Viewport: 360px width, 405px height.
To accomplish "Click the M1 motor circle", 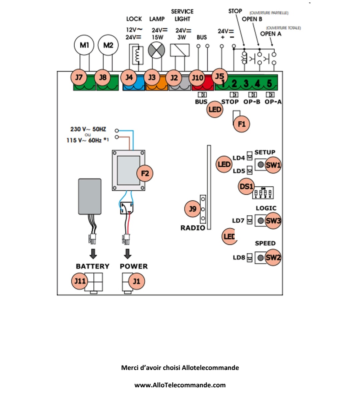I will pos(84,45).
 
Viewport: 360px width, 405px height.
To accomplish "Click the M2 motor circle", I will pos(108,45).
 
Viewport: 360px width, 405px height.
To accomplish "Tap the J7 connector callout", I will pos(79,77).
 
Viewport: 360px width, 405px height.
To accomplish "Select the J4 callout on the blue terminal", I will pos(129,77).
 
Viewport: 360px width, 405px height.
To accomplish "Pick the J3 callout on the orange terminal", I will pos(152,77).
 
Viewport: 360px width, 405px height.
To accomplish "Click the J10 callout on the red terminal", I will pos(197,78).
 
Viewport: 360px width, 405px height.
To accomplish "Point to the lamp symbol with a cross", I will pos(156,50).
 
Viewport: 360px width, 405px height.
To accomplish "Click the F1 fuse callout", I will pos(241,124).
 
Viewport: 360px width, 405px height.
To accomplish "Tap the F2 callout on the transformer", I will pos(145,173).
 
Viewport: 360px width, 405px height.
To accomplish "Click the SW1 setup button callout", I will pos(273,165).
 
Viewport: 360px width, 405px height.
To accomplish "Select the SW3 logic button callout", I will pos(273,221).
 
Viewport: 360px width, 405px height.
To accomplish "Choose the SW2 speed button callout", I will pos(273,257).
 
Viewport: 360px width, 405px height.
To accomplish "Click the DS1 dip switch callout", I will pos(246,186).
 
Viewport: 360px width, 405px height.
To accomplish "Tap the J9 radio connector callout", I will pos(193,209).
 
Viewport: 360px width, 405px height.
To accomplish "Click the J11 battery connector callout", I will pos(79,281).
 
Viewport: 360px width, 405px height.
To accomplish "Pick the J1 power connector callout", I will pos(136,281).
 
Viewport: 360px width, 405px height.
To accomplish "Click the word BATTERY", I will pos(92,266).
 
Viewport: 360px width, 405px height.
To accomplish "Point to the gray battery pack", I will pos(90,196).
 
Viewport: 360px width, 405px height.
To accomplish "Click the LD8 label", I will pos(239,258).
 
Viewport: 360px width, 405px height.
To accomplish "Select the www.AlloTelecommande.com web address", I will pos(180,385).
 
